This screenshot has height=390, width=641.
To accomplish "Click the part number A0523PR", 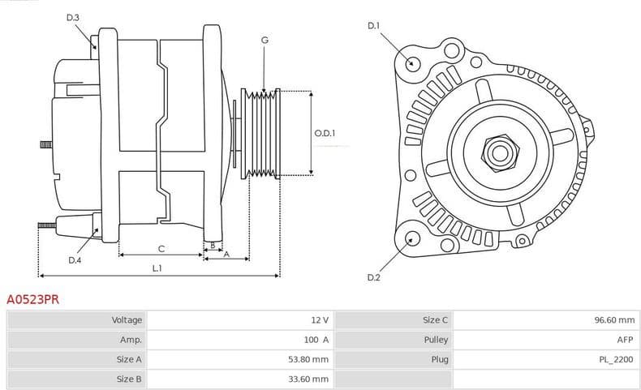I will tap(32, 299).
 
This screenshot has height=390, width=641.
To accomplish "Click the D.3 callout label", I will tap(73, 17).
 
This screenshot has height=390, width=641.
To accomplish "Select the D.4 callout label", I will tap(75, 260).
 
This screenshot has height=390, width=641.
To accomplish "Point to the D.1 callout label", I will tap(373, 26).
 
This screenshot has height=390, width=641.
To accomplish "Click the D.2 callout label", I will tap(373, 278).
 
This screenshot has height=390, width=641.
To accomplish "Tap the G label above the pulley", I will tap(265, 40).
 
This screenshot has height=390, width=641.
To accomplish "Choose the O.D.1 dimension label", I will tap(325, 133).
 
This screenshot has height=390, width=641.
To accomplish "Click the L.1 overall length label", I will tap(157, 268).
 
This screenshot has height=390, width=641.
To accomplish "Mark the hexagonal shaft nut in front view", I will tap(497, 151).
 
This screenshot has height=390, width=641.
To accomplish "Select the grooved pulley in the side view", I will tap(260, 133).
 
